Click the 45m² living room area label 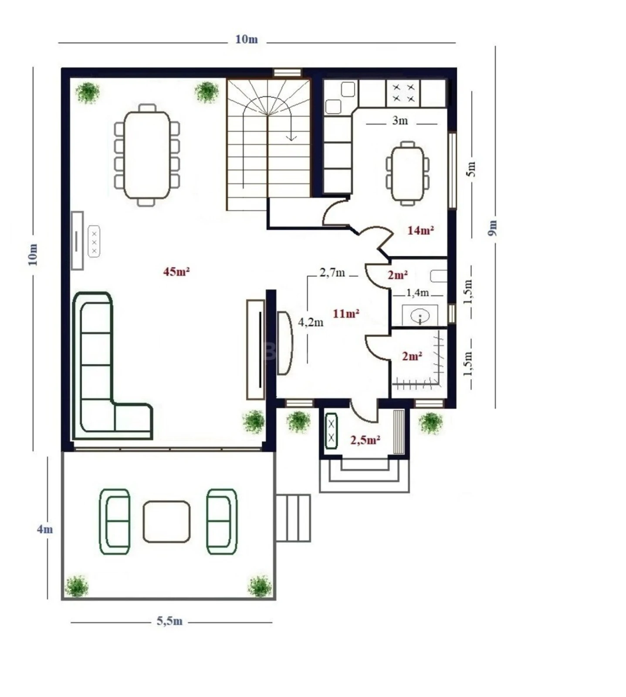click(x=176, y=271)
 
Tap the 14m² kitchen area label click(x=420, y=230)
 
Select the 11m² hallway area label click(x=345, y=313)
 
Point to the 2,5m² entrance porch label click(x=365, y=440)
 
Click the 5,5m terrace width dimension click(x=169, y=621)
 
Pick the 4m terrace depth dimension click(x=44, y=529)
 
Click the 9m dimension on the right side click(x=493, y=227)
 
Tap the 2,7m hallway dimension click(x=332, y=273)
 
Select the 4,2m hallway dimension click(x=311, y=322)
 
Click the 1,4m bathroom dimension click(x=417, y=293)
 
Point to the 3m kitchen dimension click(x=400, y=121)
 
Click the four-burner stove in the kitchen click(x=403, y=93)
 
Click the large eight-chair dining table click(x=147, y=155)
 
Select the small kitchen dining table click(x=408, y=173)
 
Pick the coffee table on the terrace click(x=166, y=521)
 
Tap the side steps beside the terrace click(x=293, y=518)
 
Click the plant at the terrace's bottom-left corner click(x=77, y=586)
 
